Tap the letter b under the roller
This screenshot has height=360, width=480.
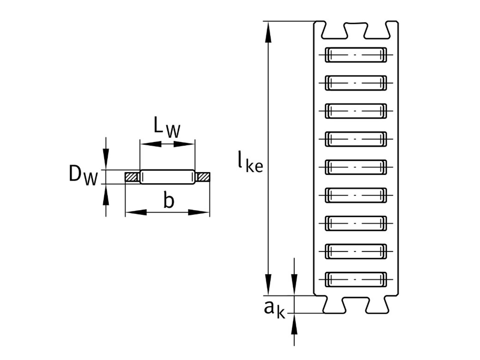(x=169, y=200)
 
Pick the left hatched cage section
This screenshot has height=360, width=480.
(x=131, y=177)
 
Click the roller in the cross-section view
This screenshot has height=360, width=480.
(x=167, y=177)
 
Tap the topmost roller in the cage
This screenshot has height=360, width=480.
(x=356, y=55)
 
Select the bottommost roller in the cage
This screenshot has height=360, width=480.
(x=356, y=280)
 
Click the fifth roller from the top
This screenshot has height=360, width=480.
(x=356, y=167)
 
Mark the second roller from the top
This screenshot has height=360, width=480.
(x=356, y=83)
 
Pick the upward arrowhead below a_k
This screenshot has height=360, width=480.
(x=294, y=324)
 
